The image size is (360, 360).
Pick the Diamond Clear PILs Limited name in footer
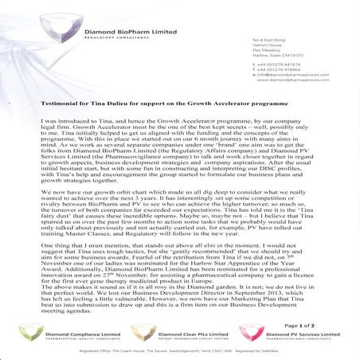(189, 332)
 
